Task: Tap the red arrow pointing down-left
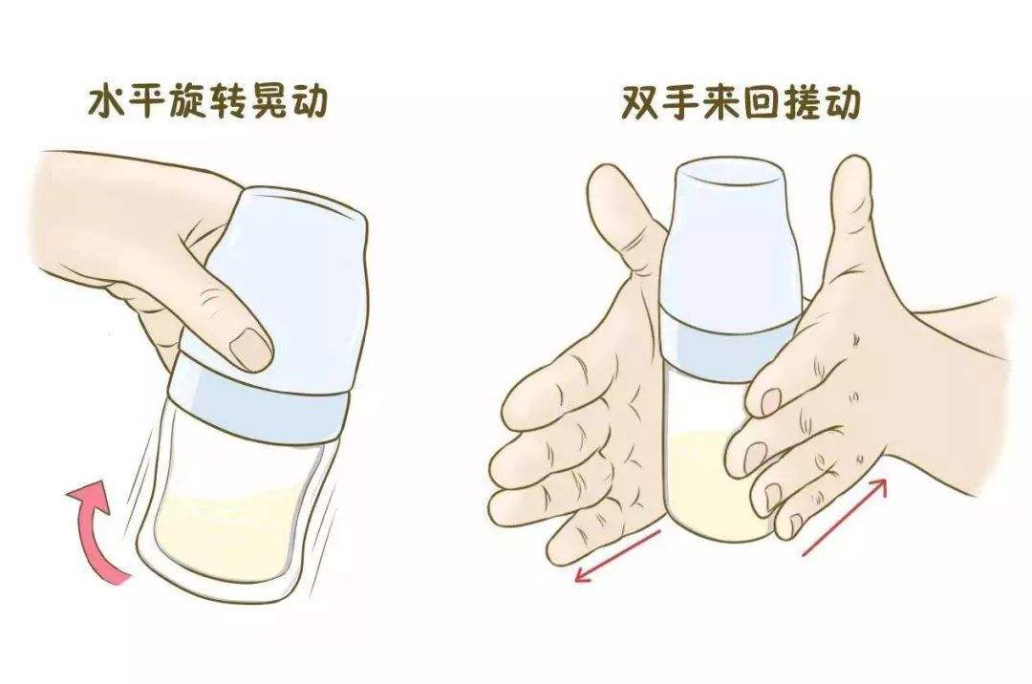pyautogui.click(x=616, y=554)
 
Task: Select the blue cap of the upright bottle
pyautogui.click(x=731, y=239)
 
